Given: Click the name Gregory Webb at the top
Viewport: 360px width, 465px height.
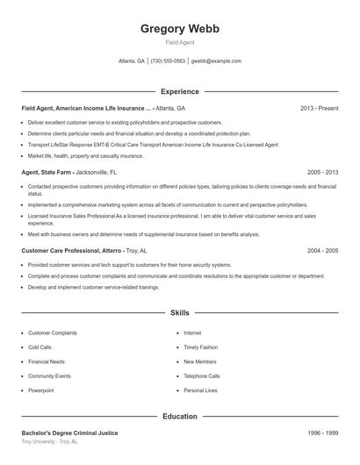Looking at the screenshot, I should (x=180, y=29).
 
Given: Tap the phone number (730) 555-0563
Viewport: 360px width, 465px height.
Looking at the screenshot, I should (x=168, y=61).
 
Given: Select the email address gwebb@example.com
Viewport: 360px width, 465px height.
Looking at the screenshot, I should (x=216, y=61).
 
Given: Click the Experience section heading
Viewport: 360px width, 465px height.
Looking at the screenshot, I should (x=180, y=91).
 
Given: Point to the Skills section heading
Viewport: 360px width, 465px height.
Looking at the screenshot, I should (x=180, y=312).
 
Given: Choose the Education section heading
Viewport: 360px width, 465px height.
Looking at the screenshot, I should (x=180, y=417).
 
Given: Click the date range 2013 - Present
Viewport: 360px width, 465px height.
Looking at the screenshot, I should (x=319, y=108).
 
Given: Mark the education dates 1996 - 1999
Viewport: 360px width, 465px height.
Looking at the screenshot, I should (x=322, y=433).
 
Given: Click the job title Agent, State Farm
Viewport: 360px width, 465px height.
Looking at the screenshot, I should (x=46, y=173).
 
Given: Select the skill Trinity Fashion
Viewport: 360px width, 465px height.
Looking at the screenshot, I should (x=200, y=347).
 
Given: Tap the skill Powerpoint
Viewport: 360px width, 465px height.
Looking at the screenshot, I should (x=41, y=390).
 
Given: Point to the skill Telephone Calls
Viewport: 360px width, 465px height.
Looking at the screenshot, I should (x=202, y=376).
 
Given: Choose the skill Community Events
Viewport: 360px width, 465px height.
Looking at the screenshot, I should (x=49, y=376).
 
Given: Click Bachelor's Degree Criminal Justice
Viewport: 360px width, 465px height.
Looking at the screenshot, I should (x=69, y=433).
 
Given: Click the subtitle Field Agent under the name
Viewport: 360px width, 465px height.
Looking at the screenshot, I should (x=180, y=42).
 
